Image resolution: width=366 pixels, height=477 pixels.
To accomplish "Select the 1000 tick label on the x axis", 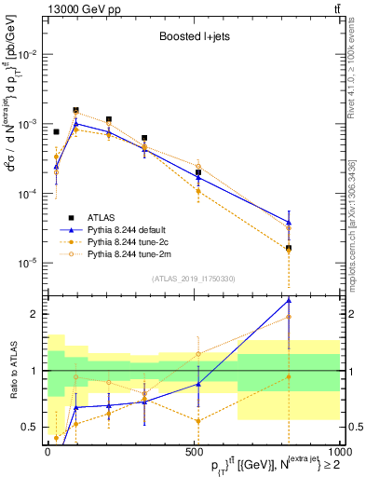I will pos(339,453).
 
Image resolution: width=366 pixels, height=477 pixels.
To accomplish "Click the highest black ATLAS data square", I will pos(76,110).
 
